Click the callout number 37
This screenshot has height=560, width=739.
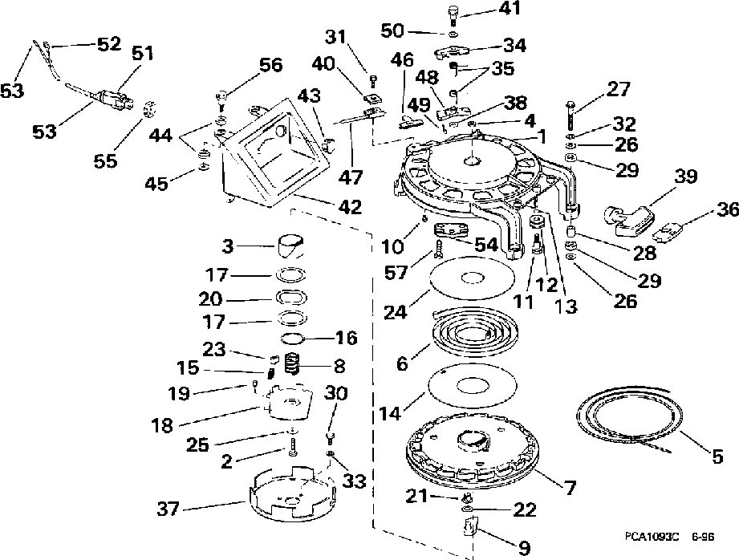point(169,509)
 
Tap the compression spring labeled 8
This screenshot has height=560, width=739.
point(293,364)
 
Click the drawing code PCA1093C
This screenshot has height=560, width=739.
point(652,537)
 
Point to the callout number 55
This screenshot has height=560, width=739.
point(105,160)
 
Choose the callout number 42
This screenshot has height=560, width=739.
point(350,206)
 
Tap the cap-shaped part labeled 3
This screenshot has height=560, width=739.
point(290,246)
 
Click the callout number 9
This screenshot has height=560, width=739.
point(524,548)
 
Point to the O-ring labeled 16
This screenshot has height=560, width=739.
point(293,338)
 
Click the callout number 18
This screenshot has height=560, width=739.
point(162,425)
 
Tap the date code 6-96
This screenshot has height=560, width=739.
point(703,537)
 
